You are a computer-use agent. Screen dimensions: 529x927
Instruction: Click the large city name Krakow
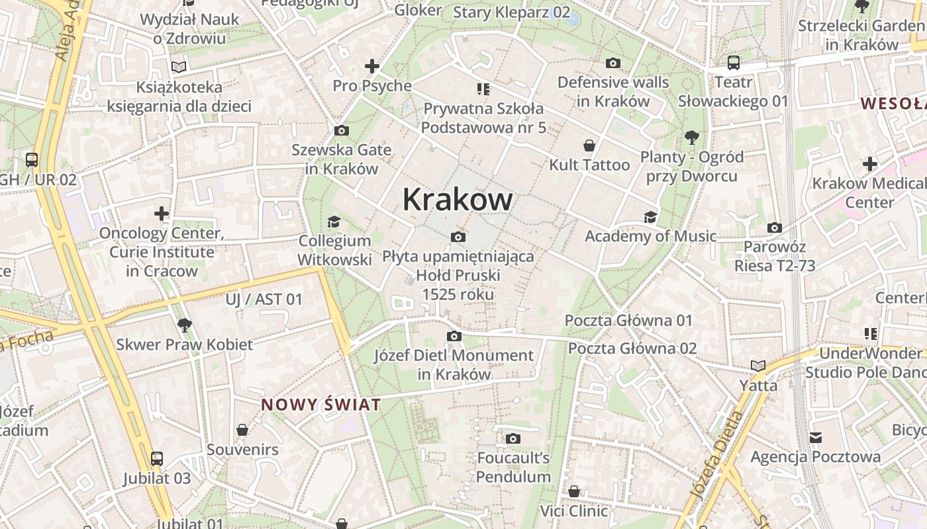click(x=458, y=200)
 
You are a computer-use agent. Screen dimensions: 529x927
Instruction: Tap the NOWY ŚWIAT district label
click(x=321, y=405)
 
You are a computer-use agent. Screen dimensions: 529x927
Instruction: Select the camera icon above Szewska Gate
click(x=342, y=131)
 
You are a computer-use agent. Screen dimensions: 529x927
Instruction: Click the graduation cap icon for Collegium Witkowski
click(x=334, y=222)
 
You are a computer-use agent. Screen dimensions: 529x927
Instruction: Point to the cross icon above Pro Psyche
click(x=372, y=66)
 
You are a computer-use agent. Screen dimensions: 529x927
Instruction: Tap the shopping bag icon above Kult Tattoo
click(x=589, y=145)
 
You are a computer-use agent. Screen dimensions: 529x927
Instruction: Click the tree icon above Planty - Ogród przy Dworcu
click(x=692, y=138)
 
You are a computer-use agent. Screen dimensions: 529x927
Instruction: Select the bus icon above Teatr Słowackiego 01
click(x=734, y=63)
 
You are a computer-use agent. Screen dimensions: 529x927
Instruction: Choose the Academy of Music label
click(x=650, y=236)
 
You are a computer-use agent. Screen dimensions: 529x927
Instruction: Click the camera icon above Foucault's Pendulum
click(x=513, y=438)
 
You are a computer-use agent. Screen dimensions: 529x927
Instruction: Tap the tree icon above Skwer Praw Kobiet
click(x=185, y=325)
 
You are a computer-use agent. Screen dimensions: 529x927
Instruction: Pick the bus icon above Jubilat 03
click(x=157, y=458)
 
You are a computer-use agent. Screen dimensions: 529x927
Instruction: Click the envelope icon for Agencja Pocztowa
click(x=816, y=437)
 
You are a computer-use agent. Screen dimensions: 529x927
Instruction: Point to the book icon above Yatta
click(x=758, y=366)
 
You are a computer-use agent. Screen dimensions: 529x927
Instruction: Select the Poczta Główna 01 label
click(x=628, y=321)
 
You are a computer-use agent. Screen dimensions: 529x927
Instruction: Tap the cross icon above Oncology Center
click(x=162, y=214)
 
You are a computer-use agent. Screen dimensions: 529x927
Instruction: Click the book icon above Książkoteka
click(x=179, y=67)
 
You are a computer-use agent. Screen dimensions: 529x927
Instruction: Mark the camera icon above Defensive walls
click(x=613, y=63)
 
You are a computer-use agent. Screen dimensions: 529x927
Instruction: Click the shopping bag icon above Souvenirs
click(x=243, y=430)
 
